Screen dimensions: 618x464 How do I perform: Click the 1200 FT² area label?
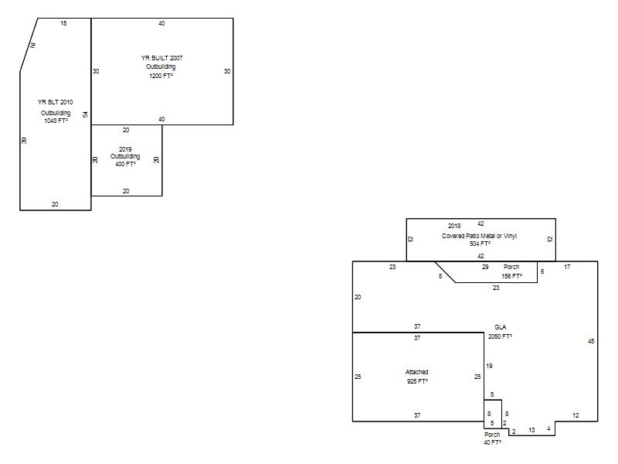click(161, 76)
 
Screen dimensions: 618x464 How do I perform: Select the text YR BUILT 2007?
click(161, 58)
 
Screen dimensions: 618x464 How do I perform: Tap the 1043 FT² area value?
click(56, 121)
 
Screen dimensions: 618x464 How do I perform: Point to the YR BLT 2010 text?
click(55, 102)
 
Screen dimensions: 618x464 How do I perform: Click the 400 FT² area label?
click(125, 164)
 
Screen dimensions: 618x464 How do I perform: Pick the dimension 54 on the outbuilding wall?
click(85, 114)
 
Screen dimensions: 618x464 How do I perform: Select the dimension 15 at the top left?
click(63, 23)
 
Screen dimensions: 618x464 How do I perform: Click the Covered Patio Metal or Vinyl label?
click(479, 236)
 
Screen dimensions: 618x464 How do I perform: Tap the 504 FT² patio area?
click(480, 244)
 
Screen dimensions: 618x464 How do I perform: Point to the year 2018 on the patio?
click(454, 226)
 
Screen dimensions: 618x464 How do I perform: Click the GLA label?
click(500, 327)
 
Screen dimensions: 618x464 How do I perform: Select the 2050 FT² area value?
click(500, 336)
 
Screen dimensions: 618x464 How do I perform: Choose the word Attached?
click(416, 372)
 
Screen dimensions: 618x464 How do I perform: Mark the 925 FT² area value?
click(417, 381)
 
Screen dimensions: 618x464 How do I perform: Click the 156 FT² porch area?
click(511, 276)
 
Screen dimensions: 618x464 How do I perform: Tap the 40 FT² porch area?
click(492, 442)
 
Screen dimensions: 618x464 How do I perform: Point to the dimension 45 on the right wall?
click(591, 341)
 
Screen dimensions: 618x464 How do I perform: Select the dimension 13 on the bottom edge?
click(531, 430)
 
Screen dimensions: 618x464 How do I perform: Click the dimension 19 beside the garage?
click(489, 366)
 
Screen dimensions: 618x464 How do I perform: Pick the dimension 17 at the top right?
click(567, 267)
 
